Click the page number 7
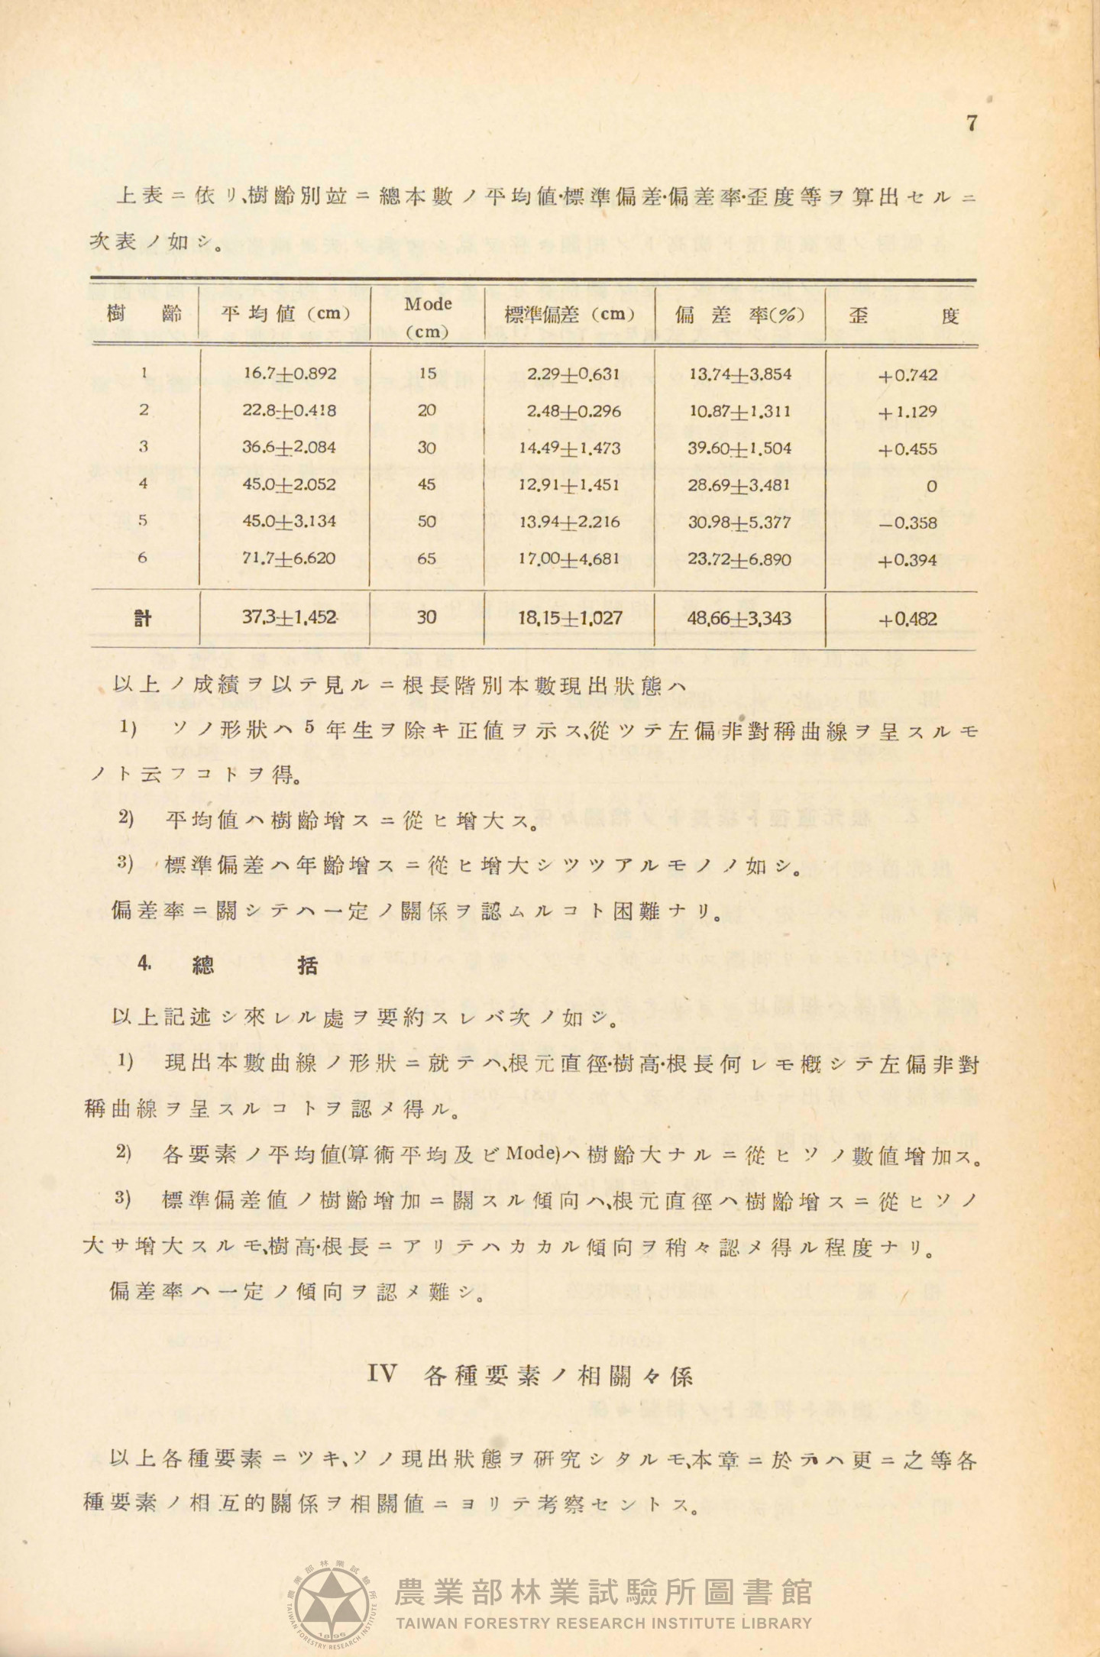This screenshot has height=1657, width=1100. click(x=972, y=123)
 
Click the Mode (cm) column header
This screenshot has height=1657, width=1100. click(x=428, y=316)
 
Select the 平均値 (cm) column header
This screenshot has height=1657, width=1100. click(x=285, y=314)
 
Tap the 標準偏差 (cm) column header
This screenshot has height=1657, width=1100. click(x=569, y=314)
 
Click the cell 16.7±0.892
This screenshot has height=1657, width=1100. click(x=290, y=374)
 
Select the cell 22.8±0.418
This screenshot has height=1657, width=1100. click(x=290, y=410)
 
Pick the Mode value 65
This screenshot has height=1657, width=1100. click(x=427, y=558)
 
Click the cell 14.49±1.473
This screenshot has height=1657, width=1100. click(x=569, y=448)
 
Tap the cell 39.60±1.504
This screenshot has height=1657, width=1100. click(x=739, y=448)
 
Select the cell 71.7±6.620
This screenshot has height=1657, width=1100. click(x=290, y=558)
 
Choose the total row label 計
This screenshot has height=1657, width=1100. click(x=143, y=618)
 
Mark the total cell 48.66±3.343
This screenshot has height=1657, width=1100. click(x=739, y=618)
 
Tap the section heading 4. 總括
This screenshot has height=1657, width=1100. click(x=228, y=966)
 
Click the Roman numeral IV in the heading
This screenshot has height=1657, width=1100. click(x=382, y=1374)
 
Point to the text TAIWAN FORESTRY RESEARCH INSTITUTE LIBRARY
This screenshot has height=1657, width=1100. click(x=603, y=1623)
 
